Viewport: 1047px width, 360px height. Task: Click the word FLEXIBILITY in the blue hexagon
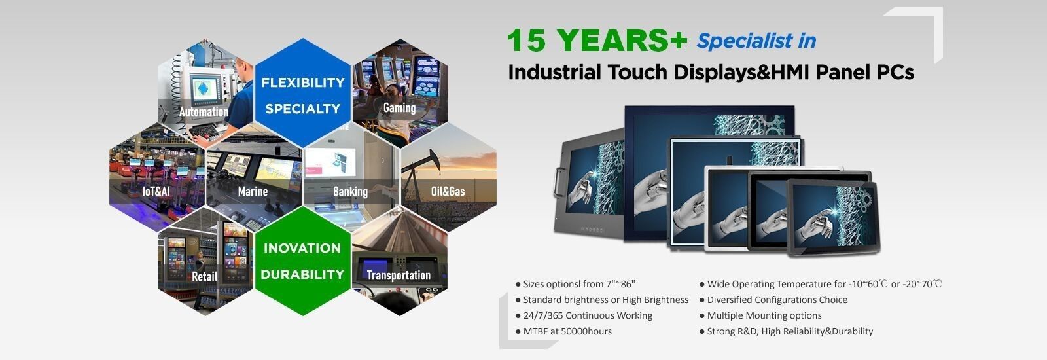pos(303,82)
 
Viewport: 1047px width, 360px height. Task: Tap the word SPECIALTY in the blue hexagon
pos(303,109)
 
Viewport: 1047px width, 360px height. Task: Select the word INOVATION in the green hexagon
pos(302,248)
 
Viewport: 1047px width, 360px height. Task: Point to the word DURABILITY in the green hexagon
pos(302,274)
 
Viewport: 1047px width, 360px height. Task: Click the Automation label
pos(204,112)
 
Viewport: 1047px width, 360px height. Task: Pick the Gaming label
pos(399,108)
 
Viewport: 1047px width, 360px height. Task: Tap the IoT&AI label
pos(156,191)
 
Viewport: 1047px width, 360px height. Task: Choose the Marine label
pos(253,191)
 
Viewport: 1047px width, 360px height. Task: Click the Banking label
pos(350,192)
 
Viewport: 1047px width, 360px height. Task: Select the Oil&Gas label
pos(448,191)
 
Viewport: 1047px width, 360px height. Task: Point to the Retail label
pos(204,276)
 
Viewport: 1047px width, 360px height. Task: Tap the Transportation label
pos(399,276)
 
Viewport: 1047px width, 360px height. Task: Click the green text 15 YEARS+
pos(597,40)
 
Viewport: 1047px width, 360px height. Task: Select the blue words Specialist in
pos(756,41)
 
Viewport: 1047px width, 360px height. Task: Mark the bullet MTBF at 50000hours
pos(563,331)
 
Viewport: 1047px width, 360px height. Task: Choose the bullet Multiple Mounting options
pos(760,315)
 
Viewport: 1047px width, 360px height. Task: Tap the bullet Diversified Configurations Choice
pos(773,300)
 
